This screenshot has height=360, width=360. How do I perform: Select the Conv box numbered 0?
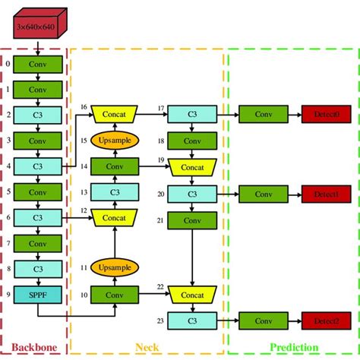(38, 65)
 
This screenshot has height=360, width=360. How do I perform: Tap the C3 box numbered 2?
(38, 115)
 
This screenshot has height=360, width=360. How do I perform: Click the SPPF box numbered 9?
(38, 294)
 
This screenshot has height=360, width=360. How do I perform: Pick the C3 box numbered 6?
(38, 217)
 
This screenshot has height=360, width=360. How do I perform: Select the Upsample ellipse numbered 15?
(114, 141)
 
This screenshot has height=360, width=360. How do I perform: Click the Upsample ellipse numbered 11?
(114, 267)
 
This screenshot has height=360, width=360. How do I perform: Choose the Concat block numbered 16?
(114, 115)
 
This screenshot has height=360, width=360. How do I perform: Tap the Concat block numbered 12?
(114, 218)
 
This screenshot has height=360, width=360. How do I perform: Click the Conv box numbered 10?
(114, 294)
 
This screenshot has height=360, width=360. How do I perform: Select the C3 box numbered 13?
(114, 192)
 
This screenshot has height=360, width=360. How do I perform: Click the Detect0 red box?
(325, 115)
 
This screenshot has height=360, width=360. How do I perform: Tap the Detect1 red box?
(325, 193)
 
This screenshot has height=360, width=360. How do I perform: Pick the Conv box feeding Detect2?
(263, 321)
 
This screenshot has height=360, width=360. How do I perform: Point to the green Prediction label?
(293, 346)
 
